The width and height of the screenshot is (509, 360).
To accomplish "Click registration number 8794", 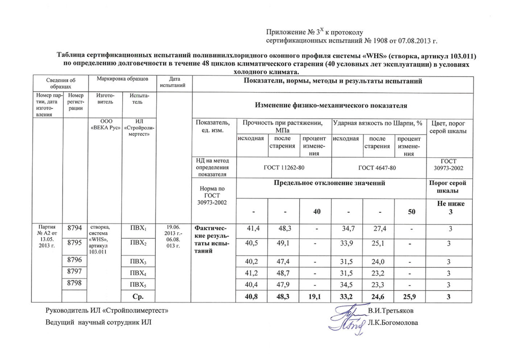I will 75,230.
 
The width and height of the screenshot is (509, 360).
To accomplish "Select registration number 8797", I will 75,272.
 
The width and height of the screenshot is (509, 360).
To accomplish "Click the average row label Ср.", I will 138,295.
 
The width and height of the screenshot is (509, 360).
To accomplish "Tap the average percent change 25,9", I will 411,295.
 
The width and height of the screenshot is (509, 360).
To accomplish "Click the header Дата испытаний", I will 173,82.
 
